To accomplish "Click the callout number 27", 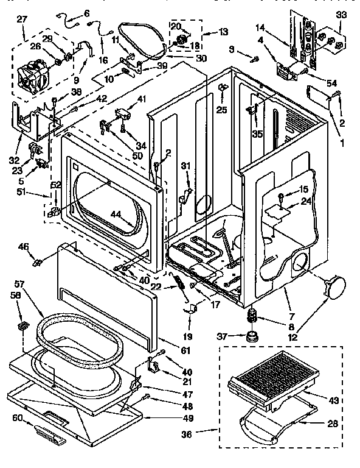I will coord(22,19).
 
